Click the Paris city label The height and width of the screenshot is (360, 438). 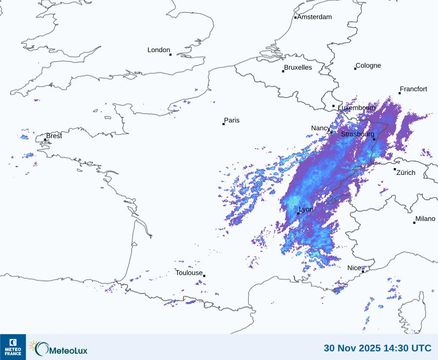[232, 120]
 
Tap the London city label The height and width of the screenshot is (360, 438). [159, 50]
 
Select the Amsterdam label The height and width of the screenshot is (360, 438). [314, 17]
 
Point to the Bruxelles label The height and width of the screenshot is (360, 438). [298, 68]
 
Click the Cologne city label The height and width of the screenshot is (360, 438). [368, 66]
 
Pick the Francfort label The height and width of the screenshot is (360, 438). [414, 89]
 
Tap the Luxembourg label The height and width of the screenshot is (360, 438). [357, 108]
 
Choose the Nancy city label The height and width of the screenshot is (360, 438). [321, 128]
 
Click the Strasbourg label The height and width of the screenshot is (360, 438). [358, 134]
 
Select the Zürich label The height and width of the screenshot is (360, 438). [406, 172]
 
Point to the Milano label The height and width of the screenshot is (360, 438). [425, 219]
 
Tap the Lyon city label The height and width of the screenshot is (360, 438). [306, 209]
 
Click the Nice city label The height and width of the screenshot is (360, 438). [354, 268]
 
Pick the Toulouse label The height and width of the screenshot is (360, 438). [189, 273]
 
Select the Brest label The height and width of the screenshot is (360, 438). [54, 136]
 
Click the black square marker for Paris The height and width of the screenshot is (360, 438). [223, 124]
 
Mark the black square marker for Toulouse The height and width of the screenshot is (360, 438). [204, 276]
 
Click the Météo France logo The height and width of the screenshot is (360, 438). [13, 347]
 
